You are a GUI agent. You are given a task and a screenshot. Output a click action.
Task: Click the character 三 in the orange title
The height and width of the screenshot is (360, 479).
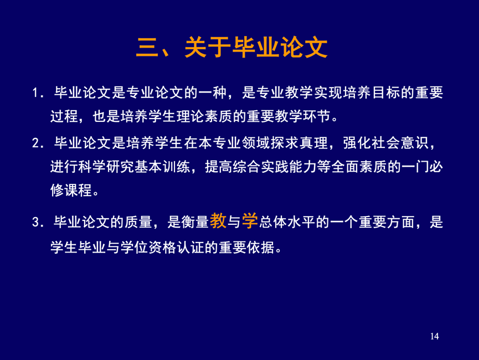pos(147,48)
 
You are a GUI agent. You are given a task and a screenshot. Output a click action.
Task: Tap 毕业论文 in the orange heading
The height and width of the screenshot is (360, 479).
pos(280,48)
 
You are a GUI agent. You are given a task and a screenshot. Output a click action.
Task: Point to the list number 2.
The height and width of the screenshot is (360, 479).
pos(35,143)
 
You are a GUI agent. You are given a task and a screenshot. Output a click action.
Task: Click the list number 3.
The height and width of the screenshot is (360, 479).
pos(35,222)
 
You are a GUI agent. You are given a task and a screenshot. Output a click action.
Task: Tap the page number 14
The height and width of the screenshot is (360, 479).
pos(434,336)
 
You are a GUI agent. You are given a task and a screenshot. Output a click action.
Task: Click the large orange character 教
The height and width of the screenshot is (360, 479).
pos(218,220)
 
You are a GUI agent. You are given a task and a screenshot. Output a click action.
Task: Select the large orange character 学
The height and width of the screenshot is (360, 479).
pos(250,220)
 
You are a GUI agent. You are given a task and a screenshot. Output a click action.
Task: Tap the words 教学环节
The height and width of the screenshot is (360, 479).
pos(303,116)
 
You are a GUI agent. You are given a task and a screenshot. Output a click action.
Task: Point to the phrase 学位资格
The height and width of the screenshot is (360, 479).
pos(148,247)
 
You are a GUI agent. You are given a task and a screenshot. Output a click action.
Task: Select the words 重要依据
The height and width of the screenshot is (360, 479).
pos(246,247)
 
